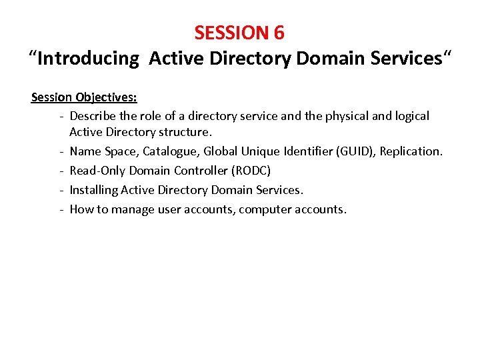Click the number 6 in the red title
[x=278, y=32]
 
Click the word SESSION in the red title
[x=231, y=32]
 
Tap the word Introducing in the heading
[x=88, y=59]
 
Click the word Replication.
[x=411, y=151]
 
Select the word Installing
[x=93, y=190]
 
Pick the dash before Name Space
[x=61, y=151]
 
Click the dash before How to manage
[x=61, y=209]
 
